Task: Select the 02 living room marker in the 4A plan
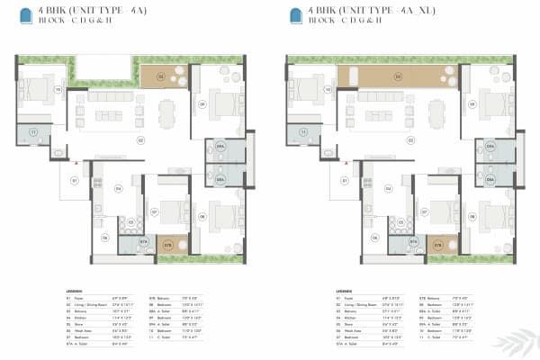tap(141, 140)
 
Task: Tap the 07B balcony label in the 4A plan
tap(167, 243)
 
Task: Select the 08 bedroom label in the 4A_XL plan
tap(472, 217)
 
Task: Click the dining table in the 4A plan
tap(164, 112)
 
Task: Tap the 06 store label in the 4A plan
tap(106, 237)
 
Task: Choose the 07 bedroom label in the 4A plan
tap(155, 213)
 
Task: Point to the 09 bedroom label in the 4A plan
tap(202, 104)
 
